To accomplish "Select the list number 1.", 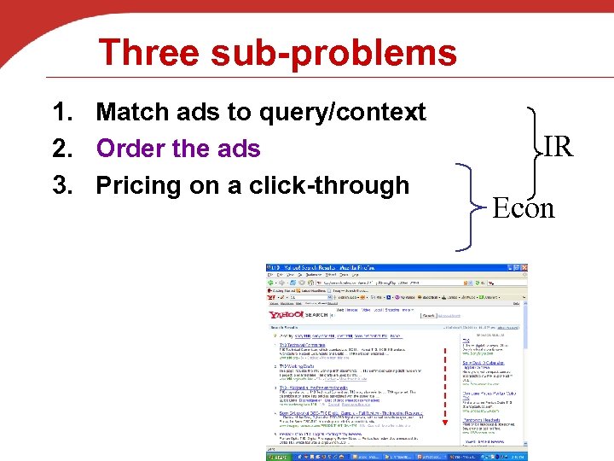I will [61, 112].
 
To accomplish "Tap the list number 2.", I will [61, 149].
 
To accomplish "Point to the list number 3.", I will [61, 185].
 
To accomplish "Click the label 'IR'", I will [558, 147].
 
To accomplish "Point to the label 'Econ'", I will [524, 207].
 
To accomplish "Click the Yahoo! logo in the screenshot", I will [286, 315].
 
